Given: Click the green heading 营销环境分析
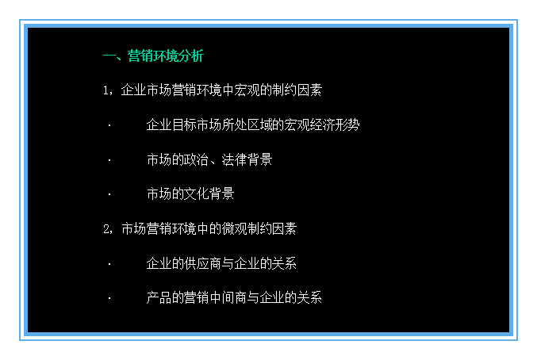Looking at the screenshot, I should (x=165, y=56).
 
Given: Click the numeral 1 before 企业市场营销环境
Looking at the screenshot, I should (x=107, y=91).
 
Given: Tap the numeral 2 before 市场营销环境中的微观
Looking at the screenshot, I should (x=107, y=229).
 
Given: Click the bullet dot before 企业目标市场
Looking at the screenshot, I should (x=109, y=125).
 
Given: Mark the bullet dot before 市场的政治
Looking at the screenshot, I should (x=109, y=160).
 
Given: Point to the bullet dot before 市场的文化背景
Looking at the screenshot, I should (x=109, y=194).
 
